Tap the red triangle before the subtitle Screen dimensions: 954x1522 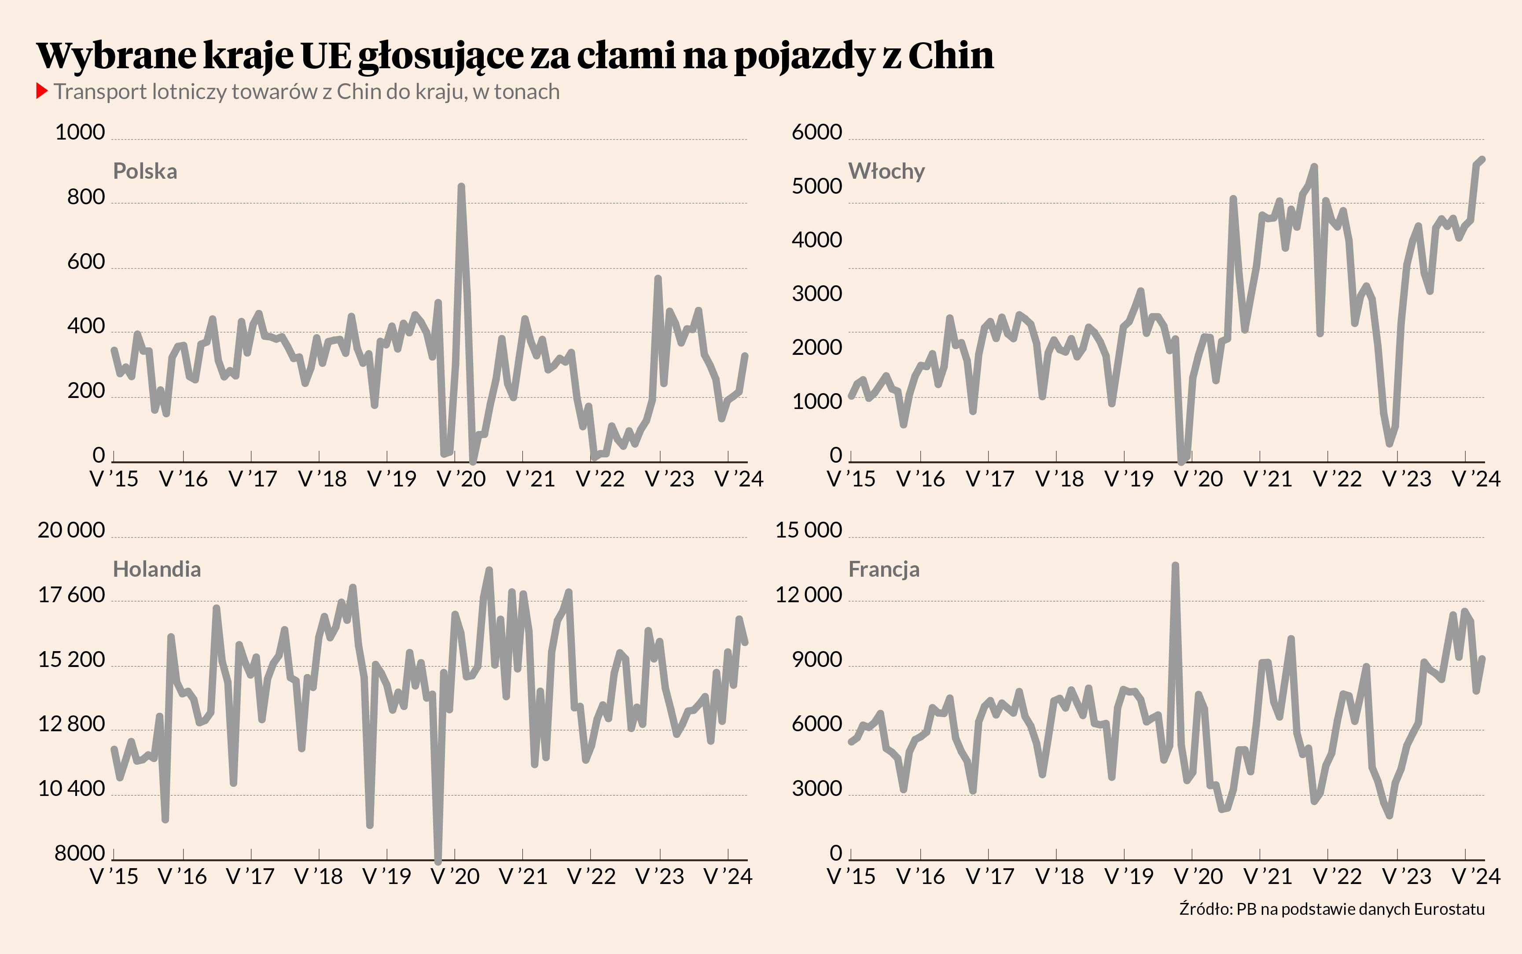pyautogui.click(x=42, y=92)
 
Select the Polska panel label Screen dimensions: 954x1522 pyautogui.click(x=145, y=171)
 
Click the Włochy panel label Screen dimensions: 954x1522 pyautogui.click(x=886, y=171)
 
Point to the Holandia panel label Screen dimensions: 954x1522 pyautogui.click(x=156, y=569)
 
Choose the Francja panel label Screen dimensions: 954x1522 pyautogui.click(x=884, y=569)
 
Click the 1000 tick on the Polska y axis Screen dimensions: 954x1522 pyautogui.click(x=80, y=132)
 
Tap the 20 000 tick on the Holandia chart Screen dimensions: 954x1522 pyautogui.click(x=71, y=530)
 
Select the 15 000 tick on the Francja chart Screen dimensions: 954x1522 pyautogui.click(x=808, y=530)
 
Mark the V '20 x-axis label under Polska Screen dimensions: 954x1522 pyautogui.click(x=461, y=479)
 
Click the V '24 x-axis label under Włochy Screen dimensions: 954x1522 pyautogui.click(x=1476, y=479)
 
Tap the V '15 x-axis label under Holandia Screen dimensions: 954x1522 pyautogui.click(x=114, y=877)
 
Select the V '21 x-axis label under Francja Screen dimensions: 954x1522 pyautogui.click(x=1268, y=877)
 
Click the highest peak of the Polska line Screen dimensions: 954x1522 pyautogui.click(x=461, y=187)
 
